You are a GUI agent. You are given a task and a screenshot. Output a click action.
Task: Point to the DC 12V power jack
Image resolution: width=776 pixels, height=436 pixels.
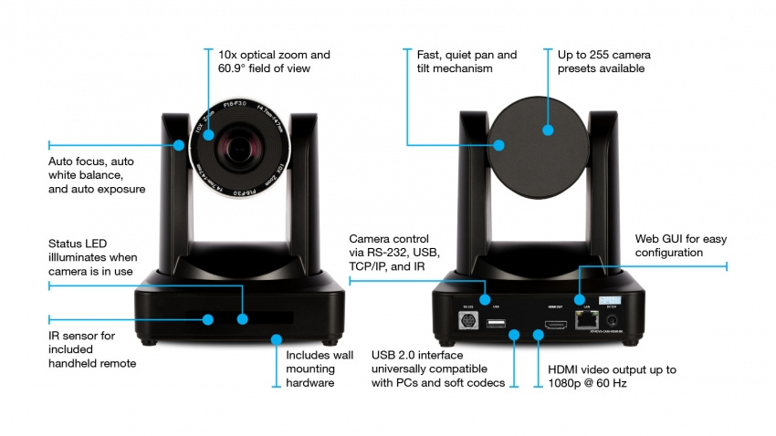(611, 320)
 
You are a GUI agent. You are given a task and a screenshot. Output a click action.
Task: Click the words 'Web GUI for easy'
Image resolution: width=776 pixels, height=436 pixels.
(679, 238)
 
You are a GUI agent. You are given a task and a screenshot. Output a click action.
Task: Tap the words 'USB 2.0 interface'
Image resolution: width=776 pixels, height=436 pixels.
(420, 354)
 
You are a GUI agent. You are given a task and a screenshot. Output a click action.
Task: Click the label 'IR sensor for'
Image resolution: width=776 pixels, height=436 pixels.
(82, 336)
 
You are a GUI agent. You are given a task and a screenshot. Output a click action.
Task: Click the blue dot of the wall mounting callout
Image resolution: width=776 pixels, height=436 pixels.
(276, 338)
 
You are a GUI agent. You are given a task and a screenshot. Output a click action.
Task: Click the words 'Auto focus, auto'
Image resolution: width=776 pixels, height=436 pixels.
(96, 161)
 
